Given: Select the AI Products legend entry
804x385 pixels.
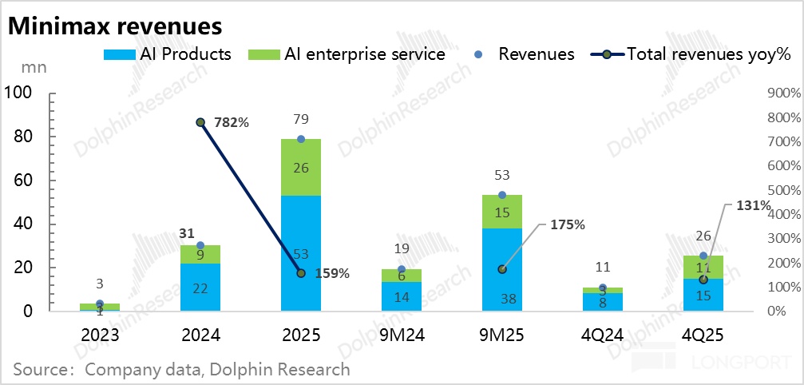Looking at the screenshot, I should pyautogui.click(x=168, y=54).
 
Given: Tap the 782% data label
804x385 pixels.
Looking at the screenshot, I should pyautogui.click(x=232, y=123).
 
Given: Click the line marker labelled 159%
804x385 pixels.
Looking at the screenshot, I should pyautogui.click(x=301, y=273).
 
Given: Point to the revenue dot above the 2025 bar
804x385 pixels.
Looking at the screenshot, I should pyautogui.click(x=301, y=139).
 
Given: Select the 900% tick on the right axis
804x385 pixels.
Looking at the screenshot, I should pyautogui.click(x=782, y=93).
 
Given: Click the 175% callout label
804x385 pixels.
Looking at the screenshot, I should pyautogui.click(x=568, y=225).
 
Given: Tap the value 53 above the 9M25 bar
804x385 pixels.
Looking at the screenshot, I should pyautogui.click(x=501, y=176).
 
